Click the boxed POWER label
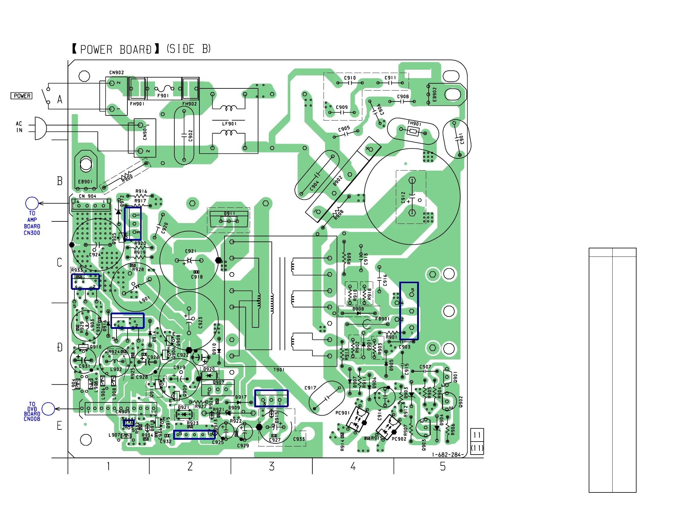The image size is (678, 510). click(x=21, y=96)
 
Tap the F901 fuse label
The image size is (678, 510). click(x=163, y=96)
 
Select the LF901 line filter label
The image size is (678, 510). click(x=229, y=124)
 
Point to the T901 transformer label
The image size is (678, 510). click(x=279, y=370)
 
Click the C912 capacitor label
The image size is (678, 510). click(x=403, y=197)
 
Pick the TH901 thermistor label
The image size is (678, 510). click(x=414, y=123)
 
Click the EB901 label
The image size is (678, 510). click(x=85, y=182)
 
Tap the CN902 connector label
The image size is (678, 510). click(x=117, y=73)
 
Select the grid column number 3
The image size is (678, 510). click(x=272, y=466)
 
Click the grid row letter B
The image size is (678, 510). click(x=60, y=181)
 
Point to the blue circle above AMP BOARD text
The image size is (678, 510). click(x=32, y=203)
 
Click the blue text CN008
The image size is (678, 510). click(x=32, y=419)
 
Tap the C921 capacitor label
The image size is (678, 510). click(x=191, y=251)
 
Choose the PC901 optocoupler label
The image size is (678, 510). click(x=342, y=413)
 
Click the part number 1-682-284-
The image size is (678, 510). click(x=448, y=455)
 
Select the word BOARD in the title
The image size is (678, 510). click(x=136, y=49)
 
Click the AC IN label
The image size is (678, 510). click(x=19, y=127)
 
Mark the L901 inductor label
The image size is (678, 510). click(x=145, y=300)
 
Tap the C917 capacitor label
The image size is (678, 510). click(x=310, y=388)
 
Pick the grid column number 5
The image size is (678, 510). click(x=443, y=466)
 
